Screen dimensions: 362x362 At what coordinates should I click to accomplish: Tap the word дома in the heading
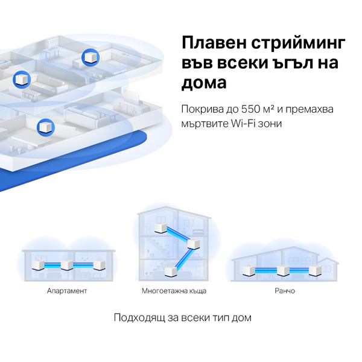coord(205,83)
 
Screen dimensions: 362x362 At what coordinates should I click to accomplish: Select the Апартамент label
coord(67,291)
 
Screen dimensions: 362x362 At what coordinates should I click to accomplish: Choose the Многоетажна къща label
coord(174,291)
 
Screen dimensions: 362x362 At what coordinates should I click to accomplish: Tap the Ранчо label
coord(279,291)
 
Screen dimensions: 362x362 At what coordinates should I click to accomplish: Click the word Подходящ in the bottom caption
coord(141,317)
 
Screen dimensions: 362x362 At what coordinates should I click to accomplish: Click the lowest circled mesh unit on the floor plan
coord(45,127)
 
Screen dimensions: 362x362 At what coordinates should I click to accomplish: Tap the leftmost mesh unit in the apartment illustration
coord(36,265)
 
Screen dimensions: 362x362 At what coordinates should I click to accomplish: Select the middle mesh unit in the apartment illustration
coord(67,265)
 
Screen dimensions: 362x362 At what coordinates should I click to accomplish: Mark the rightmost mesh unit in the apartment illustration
coord(98,265)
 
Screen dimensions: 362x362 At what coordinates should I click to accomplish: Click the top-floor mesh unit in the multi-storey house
coord(160,227)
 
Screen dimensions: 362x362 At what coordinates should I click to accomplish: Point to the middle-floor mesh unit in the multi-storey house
coord(194,244)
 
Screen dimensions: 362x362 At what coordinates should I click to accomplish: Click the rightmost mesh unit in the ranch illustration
coord(314,270)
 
